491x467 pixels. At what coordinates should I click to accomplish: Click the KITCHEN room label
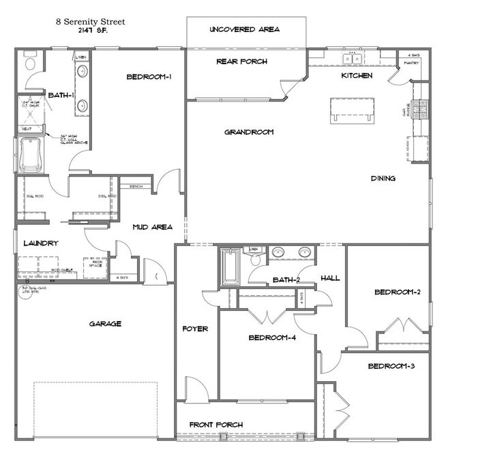point(357,76)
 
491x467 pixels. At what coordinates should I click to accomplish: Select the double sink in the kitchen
point(353,59)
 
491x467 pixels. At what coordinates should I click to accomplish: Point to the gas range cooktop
point(421,107)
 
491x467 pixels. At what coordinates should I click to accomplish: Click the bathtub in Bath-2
point(230,267)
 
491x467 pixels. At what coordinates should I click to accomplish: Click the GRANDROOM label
point(249,132)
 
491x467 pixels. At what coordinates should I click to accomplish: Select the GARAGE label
point(106,324)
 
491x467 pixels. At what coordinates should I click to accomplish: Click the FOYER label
point(195,329)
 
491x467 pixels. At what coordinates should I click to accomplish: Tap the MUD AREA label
point(152,227)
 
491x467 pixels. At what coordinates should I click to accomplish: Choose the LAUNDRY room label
point(40,243)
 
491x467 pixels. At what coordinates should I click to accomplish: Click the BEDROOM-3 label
point(391,367)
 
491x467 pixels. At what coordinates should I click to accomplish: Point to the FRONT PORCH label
point(216,425)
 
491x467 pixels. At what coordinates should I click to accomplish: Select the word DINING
point(383,179)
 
